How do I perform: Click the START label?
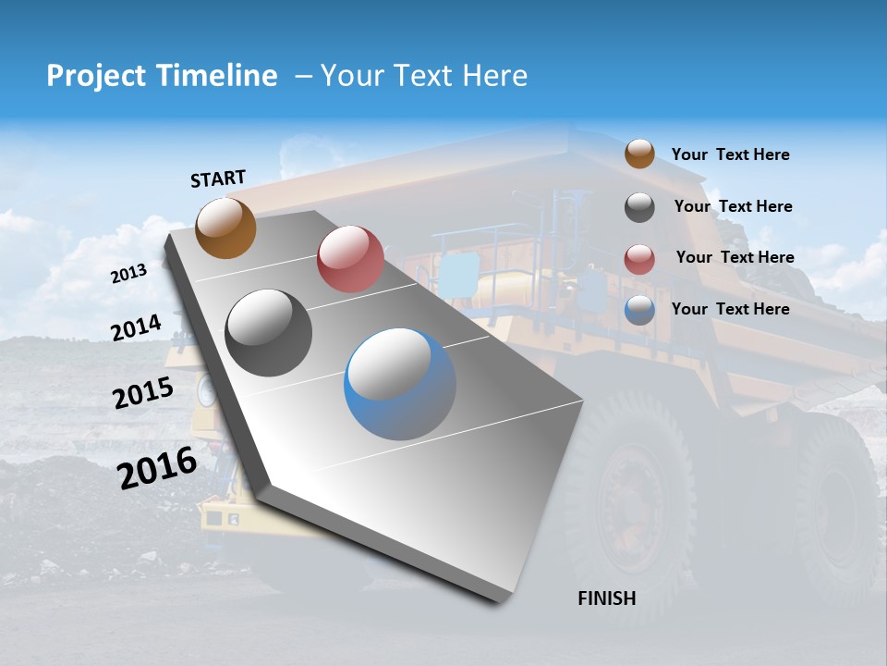point(218,179)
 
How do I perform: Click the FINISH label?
point(606,598)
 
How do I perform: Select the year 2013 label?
point(128,274)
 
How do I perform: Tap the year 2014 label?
point(136,327)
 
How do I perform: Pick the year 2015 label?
point(142,393)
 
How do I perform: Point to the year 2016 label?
point(157,467)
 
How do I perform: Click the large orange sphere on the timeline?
point(225,228)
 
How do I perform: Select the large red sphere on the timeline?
point(350,259)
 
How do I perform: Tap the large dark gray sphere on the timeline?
point(269,333)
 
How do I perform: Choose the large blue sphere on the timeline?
point(400,384)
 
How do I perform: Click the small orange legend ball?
point(639,154)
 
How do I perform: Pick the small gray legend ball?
point(639,207)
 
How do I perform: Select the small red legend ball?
point(639,259)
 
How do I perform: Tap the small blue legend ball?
point(639,310)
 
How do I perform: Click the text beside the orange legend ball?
point(730,154)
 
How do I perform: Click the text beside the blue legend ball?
point(730,309)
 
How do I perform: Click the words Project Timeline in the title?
point(162,76)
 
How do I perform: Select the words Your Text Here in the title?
point(423,76)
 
